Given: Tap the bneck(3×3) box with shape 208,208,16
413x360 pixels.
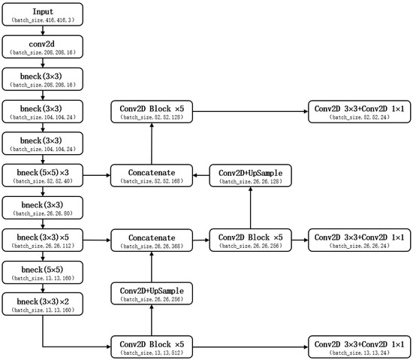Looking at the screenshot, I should [42, 80].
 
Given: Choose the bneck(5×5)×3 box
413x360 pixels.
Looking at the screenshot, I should [42, 176].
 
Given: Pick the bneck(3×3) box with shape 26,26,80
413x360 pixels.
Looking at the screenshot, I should [42, 207].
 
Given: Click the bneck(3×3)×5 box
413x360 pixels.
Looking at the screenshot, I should [42, 240].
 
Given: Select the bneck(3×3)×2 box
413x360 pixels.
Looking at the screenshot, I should [42, 304].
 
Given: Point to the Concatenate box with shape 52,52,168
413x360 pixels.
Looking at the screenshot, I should [152, 176].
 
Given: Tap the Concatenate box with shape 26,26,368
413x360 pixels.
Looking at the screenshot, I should [152, 240].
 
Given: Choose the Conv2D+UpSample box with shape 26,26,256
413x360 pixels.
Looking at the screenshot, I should [152, 293].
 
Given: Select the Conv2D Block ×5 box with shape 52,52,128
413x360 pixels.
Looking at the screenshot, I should [152, 112].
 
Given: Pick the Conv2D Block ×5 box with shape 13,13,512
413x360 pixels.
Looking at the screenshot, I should [152, 346].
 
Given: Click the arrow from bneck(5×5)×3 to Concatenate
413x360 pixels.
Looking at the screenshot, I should [98, 176].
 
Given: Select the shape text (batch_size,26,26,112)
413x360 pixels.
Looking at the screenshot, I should [42, 245].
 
